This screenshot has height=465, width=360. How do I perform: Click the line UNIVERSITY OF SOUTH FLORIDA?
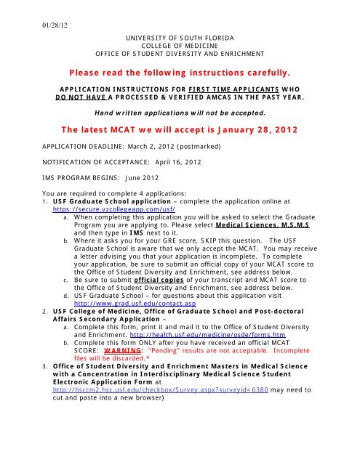click(180, 36)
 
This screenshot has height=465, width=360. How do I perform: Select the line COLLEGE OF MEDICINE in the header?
click(180, 44)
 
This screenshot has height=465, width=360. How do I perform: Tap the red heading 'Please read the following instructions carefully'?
click(180, 73)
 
